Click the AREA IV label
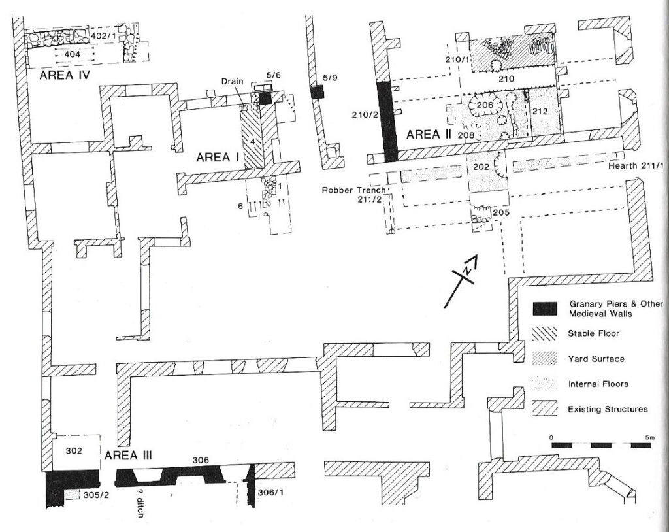click(65, 76)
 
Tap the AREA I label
click(218, 158)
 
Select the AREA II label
click(429, 135)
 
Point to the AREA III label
click(128, 456)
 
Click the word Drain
click(233, 81)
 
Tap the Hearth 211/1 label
click(635, 165)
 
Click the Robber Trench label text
click(353, 190)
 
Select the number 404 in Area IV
click(72, 54)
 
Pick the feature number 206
click(485, 105)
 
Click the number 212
click(540, 112)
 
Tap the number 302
click(74, 450)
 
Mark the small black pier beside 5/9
click(318, 91)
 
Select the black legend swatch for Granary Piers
click(545, 308)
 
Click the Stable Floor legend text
click(593, 333)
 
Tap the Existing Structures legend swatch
click(545, 409)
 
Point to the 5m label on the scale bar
click(649, 437)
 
